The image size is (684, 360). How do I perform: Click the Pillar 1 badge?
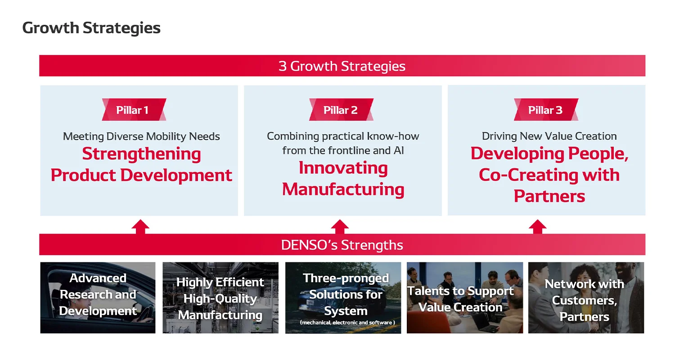pyautogui.click(x=134, y=110)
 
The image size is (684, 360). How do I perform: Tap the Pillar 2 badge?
pyautogui.click(x=341, y=110)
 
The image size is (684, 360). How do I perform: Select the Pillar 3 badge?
pyautogui.click(x=545, y=110)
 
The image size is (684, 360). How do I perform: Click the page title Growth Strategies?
pyautogui.click(x=91, y=28)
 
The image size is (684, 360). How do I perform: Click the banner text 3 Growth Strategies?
pyautogui.click(x=342, y=66)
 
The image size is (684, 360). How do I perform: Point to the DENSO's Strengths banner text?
pyautogui.click(x=342, y=245)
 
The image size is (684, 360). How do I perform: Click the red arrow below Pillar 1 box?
pyautogui.click(x=140, y=226)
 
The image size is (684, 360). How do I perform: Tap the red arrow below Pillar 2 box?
pyautogui.click(x=340, y=226)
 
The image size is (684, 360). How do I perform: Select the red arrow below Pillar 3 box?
pyautogui.click(x=537, y=226)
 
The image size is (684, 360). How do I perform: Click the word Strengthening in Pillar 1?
pyautogui.click(x=141, y=154)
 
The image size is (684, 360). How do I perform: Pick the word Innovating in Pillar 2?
pyautogui.click(x=343, y=168)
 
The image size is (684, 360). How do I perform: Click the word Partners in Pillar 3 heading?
pyautogui.click(x=549, y=196)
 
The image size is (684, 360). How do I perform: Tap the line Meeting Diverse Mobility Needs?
pyautogui.click(x=141, y=136)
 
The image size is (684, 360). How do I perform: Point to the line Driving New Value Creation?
pyautogui.click(x=549, y=136)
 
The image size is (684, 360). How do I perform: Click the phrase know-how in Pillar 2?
pyautogui.click(x=393, y=136)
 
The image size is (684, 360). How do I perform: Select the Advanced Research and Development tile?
pyautogui.click(x=98, y=297)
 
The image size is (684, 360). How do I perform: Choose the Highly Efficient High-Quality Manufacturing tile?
pyautogui.click(x=220, y=297)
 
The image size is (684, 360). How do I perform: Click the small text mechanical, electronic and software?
pyautogui.click(x=347, y=323)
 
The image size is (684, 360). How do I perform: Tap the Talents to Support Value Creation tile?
pyautogui.click(x=464, y=297)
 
